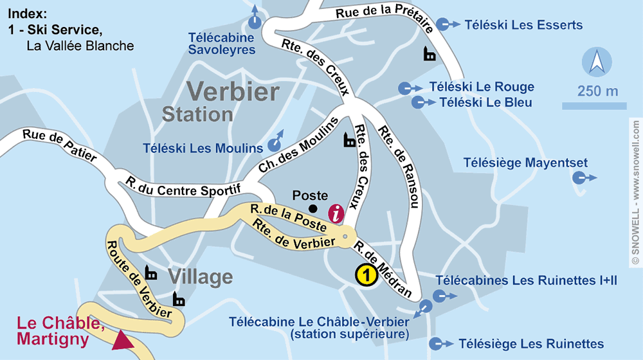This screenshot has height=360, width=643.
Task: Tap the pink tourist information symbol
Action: [336, 213]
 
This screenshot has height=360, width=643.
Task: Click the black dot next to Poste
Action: [312, 208]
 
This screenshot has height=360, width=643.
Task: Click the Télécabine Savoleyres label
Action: [222, 43]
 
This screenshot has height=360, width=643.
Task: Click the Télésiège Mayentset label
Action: [525, 163]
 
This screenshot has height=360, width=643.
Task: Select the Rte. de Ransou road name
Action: [399, 165]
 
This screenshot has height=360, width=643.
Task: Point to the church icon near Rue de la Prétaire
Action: [429, 54]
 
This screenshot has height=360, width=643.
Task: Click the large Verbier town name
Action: [232, 91]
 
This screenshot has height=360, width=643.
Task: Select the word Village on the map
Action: [200, 277]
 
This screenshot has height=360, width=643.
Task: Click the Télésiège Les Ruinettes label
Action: [530, 344]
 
